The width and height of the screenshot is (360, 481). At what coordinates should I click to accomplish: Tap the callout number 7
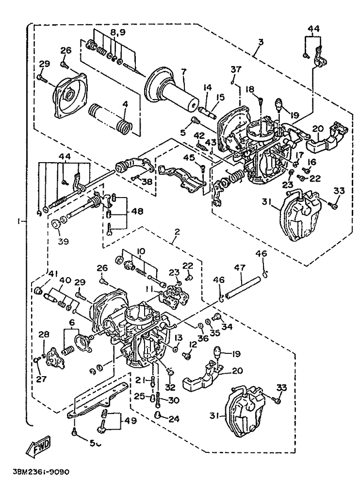[x=183, y=72]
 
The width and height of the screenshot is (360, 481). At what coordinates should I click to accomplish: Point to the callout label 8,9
[x=118, y=33]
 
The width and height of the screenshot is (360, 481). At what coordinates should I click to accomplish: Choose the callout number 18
[x=250, y=89]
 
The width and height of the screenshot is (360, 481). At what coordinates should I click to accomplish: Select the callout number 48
[x=137, y=212]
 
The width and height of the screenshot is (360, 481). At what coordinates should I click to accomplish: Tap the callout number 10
[x=141, y=251]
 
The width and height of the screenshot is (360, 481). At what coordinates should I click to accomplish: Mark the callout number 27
[x=38, y=365]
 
